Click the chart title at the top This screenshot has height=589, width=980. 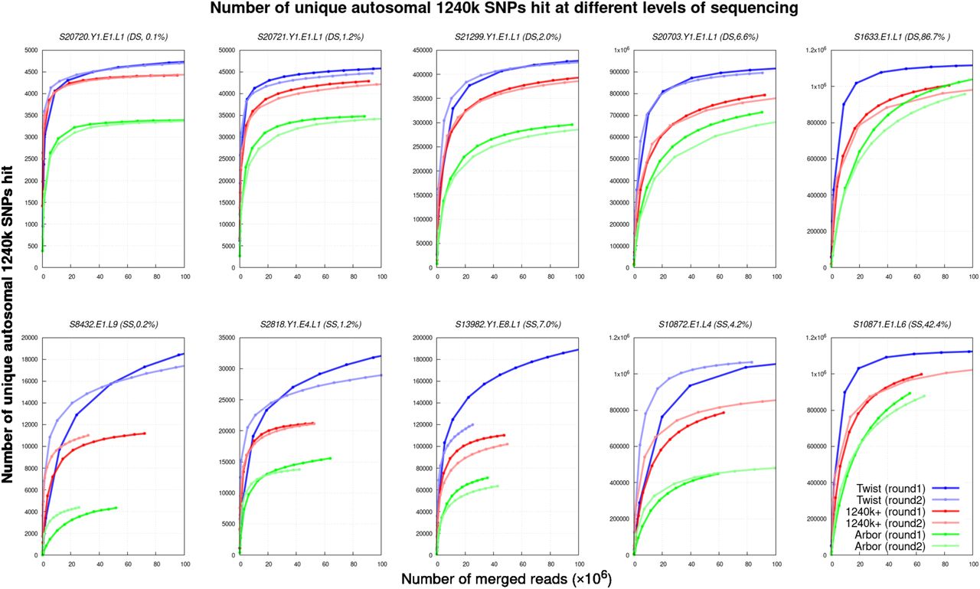coord(504,8)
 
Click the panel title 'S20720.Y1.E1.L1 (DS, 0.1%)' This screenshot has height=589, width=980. coord(113,38)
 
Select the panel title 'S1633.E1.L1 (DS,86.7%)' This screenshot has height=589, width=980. coord(902,38)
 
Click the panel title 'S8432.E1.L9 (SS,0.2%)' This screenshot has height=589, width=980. coord(113,325)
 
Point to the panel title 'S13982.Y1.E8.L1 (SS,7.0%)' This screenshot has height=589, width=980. coord(508,325)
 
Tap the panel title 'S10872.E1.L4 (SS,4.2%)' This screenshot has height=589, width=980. coord(705,325)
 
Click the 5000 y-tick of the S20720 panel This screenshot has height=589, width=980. coord(31,51)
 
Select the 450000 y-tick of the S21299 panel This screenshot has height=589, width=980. coord(422,51)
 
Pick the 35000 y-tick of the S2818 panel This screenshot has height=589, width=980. coord(227,338)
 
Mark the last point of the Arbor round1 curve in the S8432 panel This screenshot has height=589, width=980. coord(116,508)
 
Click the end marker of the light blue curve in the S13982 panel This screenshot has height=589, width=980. coord(472,424)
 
